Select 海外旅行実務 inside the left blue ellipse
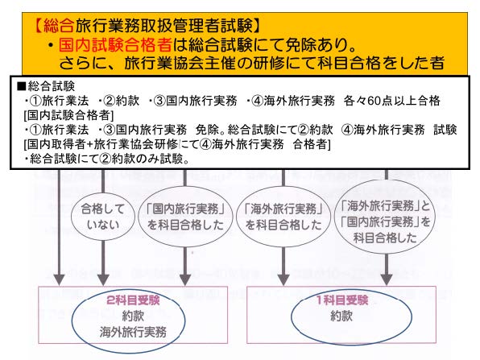(130, 331)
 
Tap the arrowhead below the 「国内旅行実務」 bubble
(186, 279)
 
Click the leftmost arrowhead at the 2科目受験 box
(58, 279)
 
